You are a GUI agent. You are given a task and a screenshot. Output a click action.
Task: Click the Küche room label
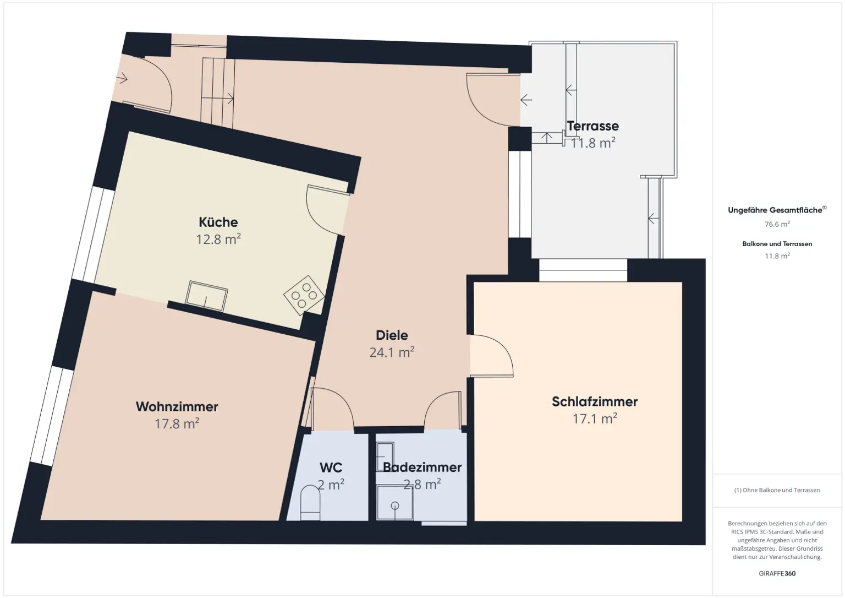[x=218, y=222]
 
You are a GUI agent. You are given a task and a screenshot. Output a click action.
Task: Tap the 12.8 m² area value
[x=218, y=240]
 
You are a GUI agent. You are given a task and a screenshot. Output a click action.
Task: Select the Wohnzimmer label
[x=177, y=407]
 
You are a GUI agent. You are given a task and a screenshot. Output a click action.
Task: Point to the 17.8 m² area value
[x=177, y=423]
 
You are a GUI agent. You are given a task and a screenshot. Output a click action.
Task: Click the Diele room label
[x=392, y=335]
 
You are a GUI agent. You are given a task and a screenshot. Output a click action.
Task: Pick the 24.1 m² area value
[x=392, y=352]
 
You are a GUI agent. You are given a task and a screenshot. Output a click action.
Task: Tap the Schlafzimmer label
[x=595, y=402]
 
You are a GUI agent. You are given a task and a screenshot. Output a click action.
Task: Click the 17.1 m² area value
[x=595, y=419]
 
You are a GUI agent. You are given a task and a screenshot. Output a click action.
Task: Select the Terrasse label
[x=593, y=126]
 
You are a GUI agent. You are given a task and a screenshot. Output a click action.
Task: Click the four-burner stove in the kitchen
[x=304, y=296]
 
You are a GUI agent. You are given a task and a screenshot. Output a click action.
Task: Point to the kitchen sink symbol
[x=206, y=295]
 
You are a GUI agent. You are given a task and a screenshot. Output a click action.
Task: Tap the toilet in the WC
[x=310, y=503]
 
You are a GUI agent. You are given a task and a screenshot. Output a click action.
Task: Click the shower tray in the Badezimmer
[x=394, y=503]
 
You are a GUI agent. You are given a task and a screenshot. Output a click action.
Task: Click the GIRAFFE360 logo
[x=777, y=573]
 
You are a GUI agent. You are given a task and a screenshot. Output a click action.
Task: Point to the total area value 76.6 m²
[x=777, y=224]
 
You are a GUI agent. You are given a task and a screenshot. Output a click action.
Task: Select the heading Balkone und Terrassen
[x=777, y=244]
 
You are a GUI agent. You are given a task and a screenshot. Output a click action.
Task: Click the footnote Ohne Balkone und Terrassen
[x=777, y=490]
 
